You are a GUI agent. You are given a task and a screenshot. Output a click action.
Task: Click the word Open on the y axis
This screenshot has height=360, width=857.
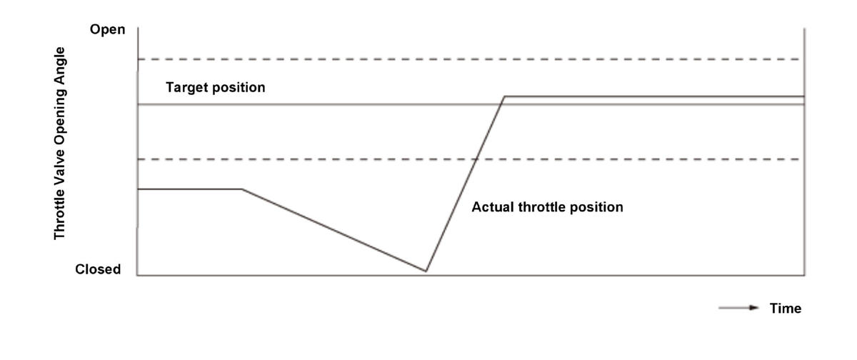(108, 30)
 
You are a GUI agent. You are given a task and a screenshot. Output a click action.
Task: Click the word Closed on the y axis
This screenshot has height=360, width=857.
(98, 269)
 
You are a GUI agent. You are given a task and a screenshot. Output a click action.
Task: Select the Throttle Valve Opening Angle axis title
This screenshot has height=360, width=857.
(60, 144)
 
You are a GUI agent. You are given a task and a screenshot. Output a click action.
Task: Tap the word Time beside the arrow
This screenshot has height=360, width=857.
(786, 309)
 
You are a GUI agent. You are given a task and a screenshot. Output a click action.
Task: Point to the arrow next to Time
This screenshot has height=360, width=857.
(738, 308)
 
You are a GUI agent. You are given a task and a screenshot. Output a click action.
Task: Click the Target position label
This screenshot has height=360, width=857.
(216, 88)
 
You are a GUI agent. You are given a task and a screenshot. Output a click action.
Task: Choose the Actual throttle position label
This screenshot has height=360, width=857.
(547, 207)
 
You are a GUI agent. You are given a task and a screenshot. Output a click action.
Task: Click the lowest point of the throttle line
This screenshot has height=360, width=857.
(426, 271)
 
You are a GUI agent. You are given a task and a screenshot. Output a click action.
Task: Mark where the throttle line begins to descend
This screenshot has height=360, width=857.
(242, 189)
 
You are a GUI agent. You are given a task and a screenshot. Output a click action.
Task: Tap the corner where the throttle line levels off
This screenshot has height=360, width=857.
(505, 96)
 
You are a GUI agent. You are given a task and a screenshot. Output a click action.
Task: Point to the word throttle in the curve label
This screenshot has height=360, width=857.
(542, 207)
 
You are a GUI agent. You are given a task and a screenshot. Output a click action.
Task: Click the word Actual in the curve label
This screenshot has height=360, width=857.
(493, 207)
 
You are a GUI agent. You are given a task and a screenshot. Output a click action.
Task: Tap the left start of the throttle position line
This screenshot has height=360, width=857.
(138, 189)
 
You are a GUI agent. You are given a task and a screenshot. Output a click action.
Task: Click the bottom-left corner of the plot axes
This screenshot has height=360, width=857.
(138, 275)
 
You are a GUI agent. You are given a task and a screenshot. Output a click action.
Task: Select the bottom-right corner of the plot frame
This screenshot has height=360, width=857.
(805, 275)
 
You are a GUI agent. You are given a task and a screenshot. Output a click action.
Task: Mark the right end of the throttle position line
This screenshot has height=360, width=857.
(804, 96)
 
